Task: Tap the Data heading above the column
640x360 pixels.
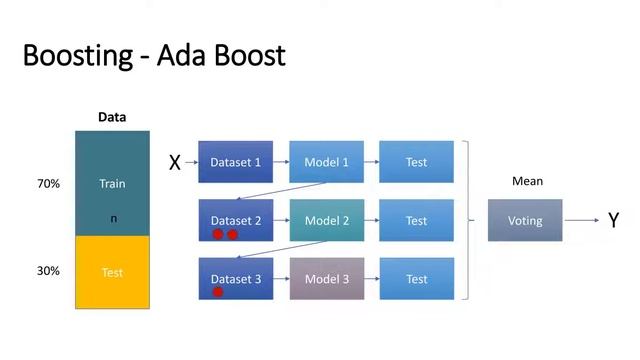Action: [x=112, y=117]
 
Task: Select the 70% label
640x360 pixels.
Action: [x=49, y=184]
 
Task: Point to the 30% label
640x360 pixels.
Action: [x=49, y=271]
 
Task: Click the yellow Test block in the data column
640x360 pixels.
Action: [x=112, y=272]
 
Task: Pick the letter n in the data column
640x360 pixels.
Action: [x=113, y=218]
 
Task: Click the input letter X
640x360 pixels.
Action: [x=174, y=163]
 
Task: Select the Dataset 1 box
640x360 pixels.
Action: [x=235, y=162]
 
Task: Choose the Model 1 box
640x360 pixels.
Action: [x=327, y=162]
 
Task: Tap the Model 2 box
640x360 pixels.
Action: [x=327, y=220]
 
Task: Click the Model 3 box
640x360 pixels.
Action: [x=327, y=279]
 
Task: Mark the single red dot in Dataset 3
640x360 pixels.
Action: [x=217, y=292]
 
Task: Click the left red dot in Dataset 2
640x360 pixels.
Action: [x=217, y=235]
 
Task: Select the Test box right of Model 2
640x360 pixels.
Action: [x=416, y=220]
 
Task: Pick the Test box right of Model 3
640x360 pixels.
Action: [x=416, y=279]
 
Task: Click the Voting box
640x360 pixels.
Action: [x=525, y=220]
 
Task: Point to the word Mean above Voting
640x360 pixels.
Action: [x=527, y=182]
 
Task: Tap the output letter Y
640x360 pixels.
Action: [x=614, y=221]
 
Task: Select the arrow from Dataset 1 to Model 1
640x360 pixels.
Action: [x=281, y=162]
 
